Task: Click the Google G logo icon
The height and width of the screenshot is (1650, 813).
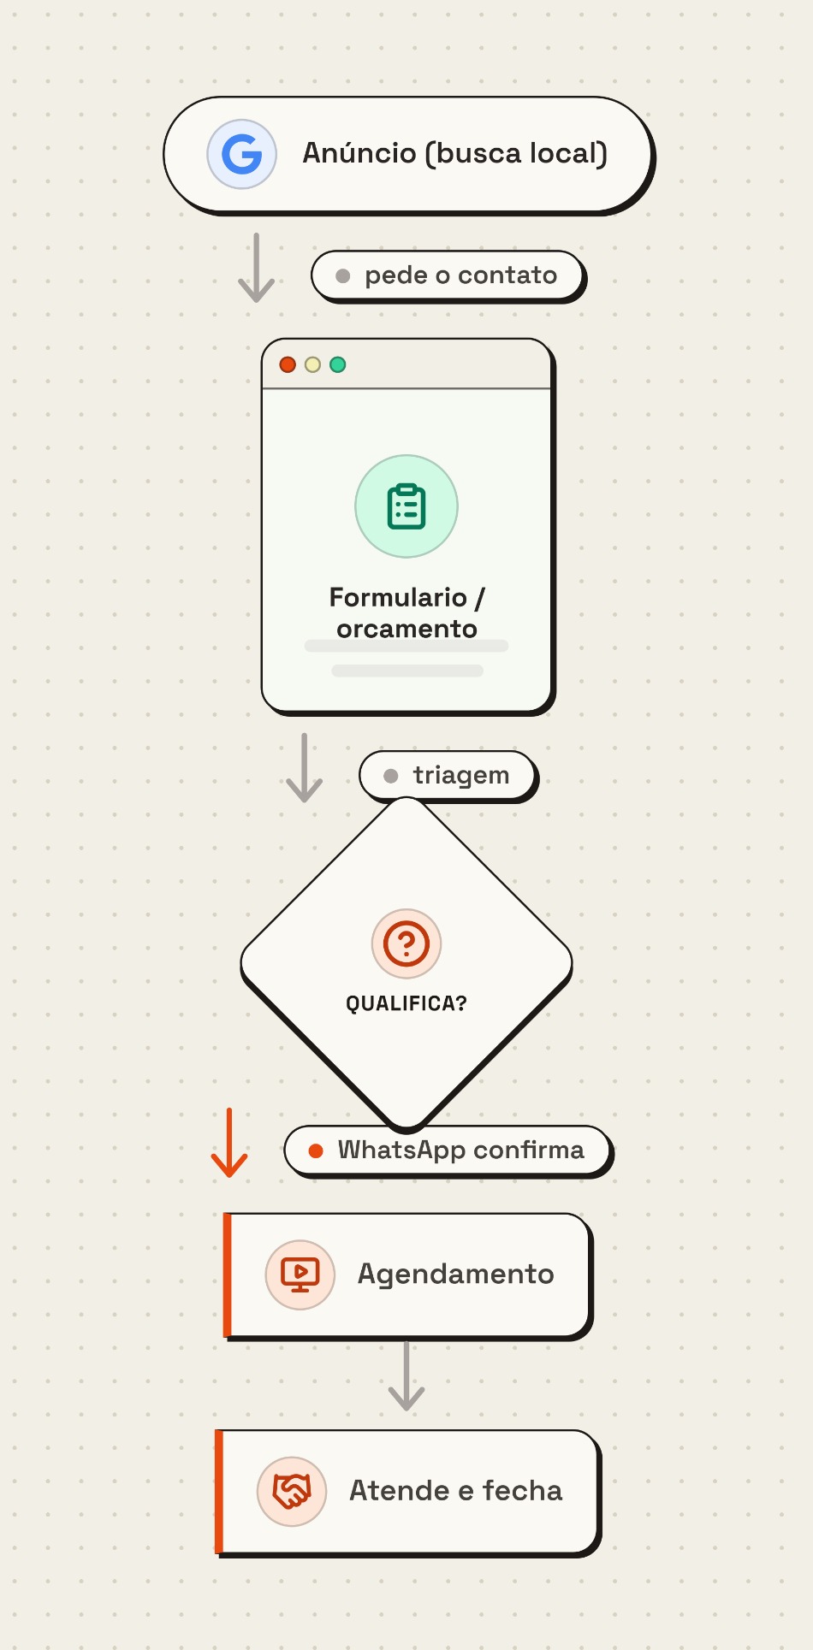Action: pos(242,154)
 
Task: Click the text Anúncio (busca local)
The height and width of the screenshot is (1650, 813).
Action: pos(455,153)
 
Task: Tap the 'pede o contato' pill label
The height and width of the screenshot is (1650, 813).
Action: pos(448,275)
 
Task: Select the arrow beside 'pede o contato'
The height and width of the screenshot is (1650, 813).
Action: pos(256,267)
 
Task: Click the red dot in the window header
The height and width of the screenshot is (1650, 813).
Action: pos(288,364)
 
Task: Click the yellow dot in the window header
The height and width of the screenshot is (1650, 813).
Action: pos(312,364)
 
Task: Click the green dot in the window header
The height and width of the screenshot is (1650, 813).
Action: pos(338,364)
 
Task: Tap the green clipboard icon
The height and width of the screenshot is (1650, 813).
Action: pos(406,506)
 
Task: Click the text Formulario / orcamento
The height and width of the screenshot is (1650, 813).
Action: pos(407,612)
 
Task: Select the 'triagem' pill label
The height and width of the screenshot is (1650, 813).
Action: pos(448,775)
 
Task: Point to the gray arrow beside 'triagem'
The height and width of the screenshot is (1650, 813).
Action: pos(304,767)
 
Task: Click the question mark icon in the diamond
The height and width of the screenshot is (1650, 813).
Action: pos(406,943)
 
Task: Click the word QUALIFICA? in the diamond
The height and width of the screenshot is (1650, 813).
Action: pos(406,1003)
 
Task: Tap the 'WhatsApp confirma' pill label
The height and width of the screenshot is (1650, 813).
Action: pos(448,1150)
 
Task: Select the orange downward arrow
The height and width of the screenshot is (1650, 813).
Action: pos(229,1143)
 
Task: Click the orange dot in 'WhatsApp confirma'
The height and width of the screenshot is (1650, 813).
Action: pos(316,1150)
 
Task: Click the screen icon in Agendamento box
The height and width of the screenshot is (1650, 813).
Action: pos(300,1274)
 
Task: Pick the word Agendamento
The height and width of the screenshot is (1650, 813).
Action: pos(456,1274)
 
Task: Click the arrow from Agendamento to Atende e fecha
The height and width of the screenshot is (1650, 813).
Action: pos(406,1375)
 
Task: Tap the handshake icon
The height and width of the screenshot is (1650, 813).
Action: pos(292,1491)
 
